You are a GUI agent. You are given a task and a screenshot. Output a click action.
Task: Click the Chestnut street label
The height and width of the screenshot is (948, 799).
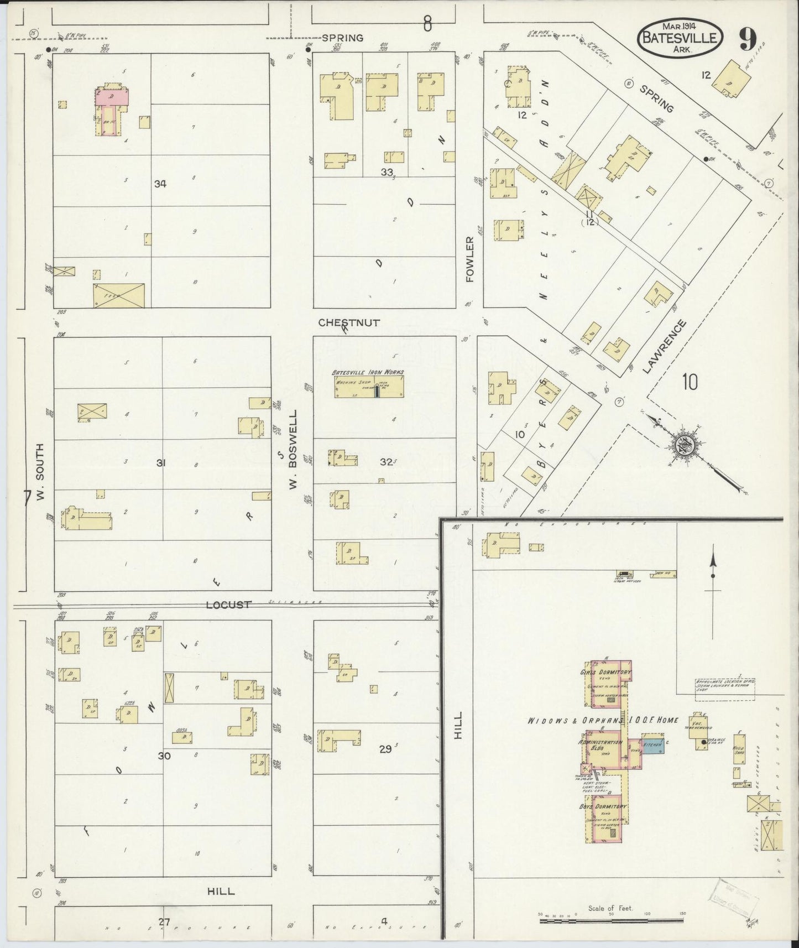349,322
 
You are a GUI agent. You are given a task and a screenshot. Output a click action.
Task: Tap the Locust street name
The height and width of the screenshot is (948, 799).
228,605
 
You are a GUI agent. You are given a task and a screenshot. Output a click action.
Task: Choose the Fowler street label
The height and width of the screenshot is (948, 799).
470,259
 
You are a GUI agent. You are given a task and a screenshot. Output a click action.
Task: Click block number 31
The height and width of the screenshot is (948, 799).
160,463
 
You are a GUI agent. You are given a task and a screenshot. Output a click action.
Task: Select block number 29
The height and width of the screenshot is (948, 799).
385,749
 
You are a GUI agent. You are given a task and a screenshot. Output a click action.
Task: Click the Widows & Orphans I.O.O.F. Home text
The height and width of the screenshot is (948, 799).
603,720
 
